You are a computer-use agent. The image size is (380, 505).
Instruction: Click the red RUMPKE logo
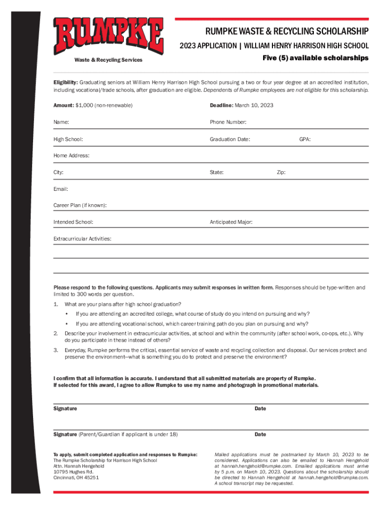[109, 36]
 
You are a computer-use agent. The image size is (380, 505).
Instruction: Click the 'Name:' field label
[61, 122]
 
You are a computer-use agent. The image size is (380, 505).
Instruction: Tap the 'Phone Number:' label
[228, 122]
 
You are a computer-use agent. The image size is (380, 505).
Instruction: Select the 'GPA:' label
[305, 139]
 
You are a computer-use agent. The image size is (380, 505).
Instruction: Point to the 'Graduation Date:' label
[230, 139]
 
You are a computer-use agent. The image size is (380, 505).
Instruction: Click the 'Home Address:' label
[72, 155]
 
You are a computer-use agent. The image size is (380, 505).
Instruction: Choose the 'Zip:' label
[281, 173]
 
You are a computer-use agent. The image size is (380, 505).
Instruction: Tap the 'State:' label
[217, 173]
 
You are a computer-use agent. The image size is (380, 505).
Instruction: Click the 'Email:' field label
[61, 189]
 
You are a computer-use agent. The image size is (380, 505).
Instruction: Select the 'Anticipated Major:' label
[231, 222]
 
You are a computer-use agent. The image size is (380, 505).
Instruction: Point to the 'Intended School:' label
[74, 222]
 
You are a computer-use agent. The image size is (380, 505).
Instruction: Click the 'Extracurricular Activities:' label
[82, 239]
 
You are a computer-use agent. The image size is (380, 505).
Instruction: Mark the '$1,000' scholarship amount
[84, 106]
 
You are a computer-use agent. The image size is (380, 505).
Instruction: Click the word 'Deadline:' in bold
[221, 106]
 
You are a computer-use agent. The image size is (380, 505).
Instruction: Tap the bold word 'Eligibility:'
[66, 82]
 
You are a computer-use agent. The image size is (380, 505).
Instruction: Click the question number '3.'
[56, 350]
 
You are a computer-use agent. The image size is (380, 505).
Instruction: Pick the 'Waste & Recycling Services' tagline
[108, 60]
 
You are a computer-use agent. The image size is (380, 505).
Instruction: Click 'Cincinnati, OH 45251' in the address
[76, 477]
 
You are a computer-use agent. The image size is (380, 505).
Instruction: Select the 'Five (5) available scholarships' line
[315, 58]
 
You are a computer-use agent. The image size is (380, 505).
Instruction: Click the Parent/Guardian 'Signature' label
[65, 434]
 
